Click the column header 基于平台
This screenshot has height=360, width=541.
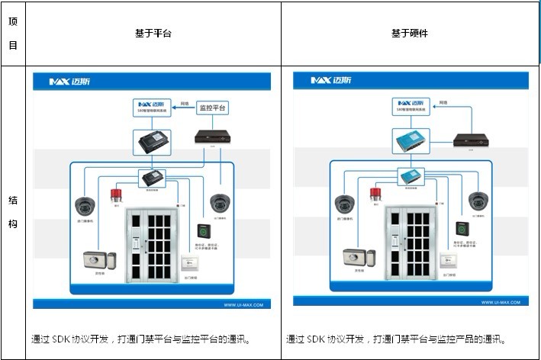[153, 34]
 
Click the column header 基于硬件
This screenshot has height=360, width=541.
[410, 34]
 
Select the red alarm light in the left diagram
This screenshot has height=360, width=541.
[117, 194]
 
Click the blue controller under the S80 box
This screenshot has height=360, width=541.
[413, 140]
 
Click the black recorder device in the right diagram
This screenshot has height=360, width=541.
[470, 140]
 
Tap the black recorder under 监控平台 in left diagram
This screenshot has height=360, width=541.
[212, 137]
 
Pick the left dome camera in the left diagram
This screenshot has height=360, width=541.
[84, 205]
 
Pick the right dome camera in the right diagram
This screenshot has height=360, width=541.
[478, 201]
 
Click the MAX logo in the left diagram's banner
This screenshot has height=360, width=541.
[69, 81]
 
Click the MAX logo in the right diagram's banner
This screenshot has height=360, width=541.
[329, 81]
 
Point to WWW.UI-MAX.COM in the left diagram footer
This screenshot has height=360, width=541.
[243, 304]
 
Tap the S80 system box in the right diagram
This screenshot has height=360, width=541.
[413, 105]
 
